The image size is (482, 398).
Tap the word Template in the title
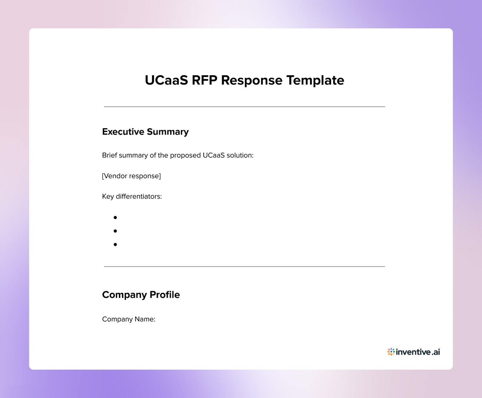point(315,80)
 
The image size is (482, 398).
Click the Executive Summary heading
point(145,132)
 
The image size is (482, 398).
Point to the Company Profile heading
point(141,294)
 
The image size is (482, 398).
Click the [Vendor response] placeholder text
point(131,176)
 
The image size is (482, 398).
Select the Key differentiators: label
point(132,196)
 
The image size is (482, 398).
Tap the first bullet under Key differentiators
point(115,217)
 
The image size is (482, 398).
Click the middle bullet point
point(115,231)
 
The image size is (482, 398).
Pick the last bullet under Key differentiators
point(115,244)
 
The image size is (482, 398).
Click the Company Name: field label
point(129,319)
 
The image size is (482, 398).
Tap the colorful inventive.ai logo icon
point(391,352)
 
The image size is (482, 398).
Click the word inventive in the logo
point(414,352)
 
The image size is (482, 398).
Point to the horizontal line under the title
point(244,107)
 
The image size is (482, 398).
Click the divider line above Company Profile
point(244,266)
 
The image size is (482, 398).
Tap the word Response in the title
point(252,80)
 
